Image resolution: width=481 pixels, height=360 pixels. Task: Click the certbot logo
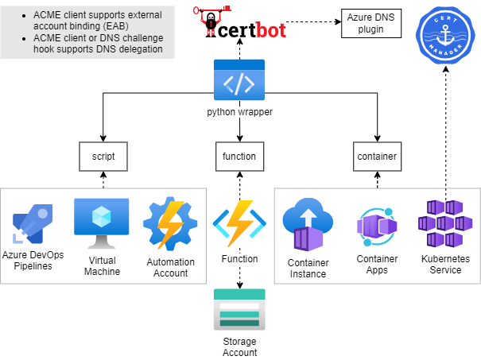pyautogui.click(x=239, y=21)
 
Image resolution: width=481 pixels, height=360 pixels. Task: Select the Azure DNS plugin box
pyautogui.click(x=371, y=23)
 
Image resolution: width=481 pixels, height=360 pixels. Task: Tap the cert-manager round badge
pyautogui.click(x=445, y=35)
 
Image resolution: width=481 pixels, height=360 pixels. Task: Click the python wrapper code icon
pyautogui.click(x=239, y=79)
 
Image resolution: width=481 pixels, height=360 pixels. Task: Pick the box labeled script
pyautogui.click(x=103, y=157)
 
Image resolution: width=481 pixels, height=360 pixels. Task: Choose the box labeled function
pyautogui.click(x=239, y=157)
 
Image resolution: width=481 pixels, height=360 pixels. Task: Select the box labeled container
pyautogui.click(x=378, y=157)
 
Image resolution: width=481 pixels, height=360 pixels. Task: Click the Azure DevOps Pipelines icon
pyautogui.click(x=33, y=224)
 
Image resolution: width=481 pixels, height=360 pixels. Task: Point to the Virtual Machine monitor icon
pyautogui.click(x=102, y=223)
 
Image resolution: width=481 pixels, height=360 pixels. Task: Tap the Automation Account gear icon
pyautogui.click(x=170, y=223)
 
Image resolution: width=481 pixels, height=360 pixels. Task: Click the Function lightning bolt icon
pyautogui.click(x=239, y=223)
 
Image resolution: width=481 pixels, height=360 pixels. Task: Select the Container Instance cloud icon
pyautogui.click(x=308, y=224)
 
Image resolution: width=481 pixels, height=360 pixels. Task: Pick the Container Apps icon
pyautogui.click(x=377, y=227)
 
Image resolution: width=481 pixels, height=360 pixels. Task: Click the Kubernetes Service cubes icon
pyautogui.click(x=445, y=223)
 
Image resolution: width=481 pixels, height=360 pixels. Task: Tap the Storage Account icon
pyautogui.click(x=239, y=309)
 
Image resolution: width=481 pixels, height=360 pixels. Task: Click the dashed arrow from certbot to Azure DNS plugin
pyautogui.click(x=313, y=21)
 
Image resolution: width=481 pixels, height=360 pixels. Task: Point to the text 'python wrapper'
pyautogui.click(x=239, y=112)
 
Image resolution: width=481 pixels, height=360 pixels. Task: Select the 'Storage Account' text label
pyautogui.click(x=239, y=347)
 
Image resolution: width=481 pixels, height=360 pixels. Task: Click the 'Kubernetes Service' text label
pyautogui.click(x=445, y=265)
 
